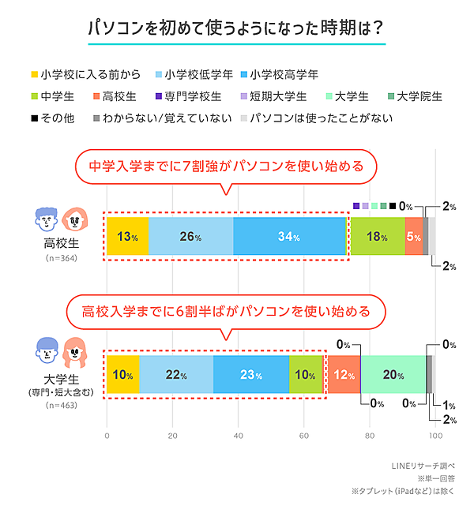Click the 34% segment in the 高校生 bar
pyautogui.click(x=289, y=237)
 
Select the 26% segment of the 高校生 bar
pyautogui.click(x=190, y=237)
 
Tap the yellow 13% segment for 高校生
pyautogui.click(x=127, y=237)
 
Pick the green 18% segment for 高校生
pyautogui.click(x=376, y=237)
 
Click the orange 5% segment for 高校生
pyautogui.click(x=414, y=237)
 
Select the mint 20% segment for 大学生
pyautogui.click(x=393, y=375)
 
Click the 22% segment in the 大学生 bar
pyautogui.click(x=176, y=375)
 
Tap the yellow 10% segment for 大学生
pyautogui.click(x=123, y=375)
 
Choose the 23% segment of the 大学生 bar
pyautogui.click(x=250, y=375)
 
